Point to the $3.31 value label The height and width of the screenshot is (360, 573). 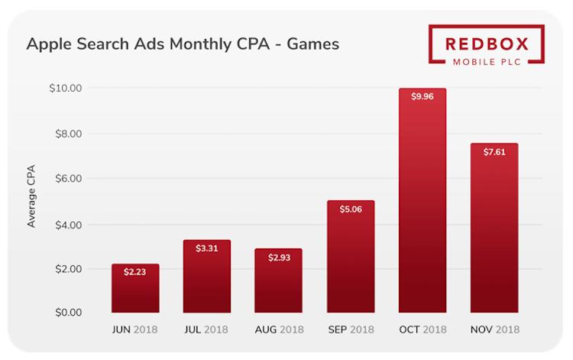[x=207, y=248]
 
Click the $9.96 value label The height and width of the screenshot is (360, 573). [x=422, y=97]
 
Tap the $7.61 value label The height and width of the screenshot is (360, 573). [x=494, y=152]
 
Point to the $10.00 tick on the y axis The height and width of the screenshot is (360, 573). [x=66, y=88]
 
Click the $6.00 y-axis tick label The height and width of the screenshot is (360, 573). [x=68, y=179]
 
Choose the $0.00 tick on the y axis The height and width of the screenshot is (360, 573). [x=68, y=313]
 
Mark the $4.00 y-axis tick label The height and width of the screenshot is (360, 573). [x=68, y=225]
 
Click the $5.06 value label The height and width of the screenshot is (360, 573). [x=351, y=209]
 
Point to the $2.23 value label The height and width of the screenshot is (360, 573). [x=135, y=273]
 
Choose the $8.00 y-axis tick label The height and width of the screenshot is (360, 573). [x=68, y=134]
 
